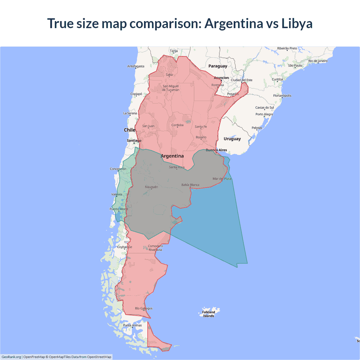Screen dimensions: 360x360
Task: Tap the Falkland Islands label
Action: coord(208,314)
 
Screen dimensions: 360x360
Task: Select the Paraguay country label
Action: coord(218,66)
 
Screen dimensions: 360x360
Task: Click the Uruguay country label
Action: coord(232,139)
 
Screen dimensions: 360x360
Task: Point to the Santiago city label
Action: coord(134,140)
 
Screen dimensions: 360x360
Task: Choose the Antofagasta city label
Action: coord(136,66)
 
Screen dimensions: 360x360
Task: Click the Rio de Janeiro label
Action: coord(318,61)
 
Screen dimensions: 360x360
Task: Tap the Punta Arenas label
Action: coord(132,325)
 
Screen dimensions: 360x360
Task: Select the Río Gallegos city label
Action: coord(144,309)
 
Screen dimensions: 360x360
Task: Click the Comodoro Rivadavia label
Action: coord(155,248)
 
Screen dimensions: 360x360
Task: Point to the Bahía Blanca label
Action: coord(190,185)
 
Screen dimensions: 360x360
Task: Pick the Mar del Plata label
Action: coord(222,179)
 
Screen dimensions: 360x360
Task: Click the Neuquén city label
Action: coord(151,187)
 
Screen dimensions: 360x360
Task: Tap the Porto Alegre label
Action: coord(264,114)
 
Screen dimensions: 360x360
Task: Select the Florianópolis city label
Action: coord(282,96)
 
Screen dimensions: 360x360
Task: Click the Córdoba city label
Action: coord(177,125)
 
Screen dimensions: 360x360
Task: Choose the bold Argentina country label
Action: coord(172,156)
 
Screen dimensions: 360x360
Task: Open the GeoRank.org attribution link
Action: coord(11,357)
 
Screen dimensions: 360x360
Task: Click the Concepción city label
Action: coord(118,169)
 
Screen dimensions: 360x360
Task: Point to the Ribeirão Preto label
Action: coord(287,48)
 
